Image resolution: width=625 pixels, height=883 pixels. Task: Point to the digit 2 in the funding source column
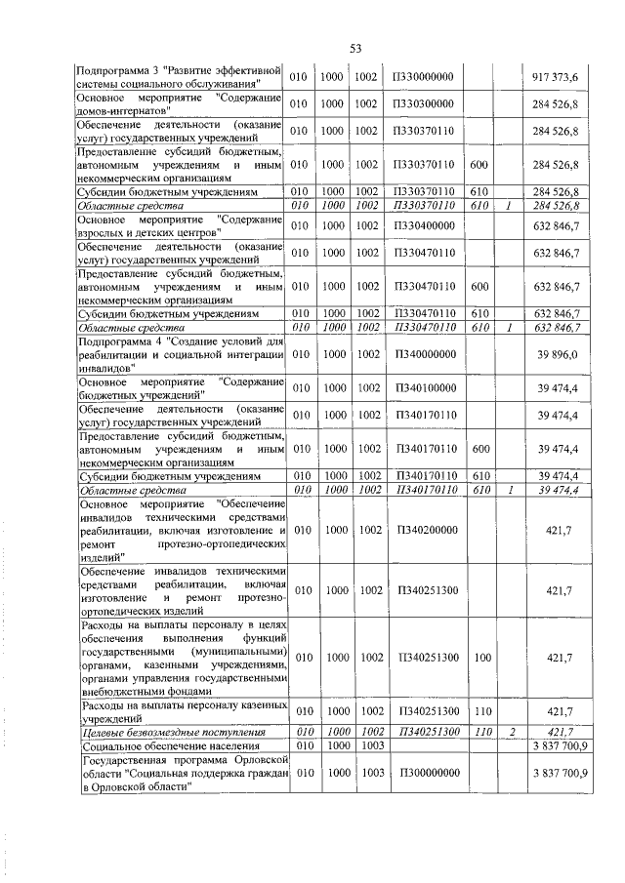click(509, 731)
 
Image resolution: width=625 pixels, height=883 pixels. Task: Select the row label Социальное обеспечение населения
click(159, 744)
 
